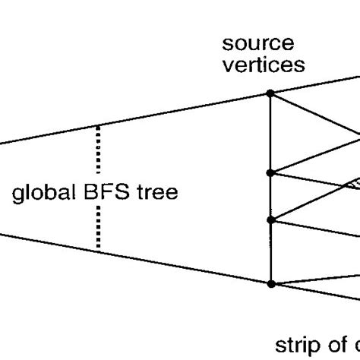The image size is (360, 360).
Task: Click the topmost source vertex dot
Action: click(x=271, y=93)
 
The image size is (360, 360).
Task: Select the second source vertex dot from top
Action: click(x=271, y=172)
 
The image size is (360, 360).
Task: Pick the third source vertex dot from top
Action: click(x=271, y=220)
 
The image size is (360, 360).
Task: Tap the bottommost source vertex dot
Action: click(x=271, y=283)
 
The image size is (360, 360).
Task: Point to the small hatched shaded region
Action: click(x=352, y=182)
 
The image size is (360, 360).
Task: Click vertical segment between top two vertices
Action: click(x=271, y=133)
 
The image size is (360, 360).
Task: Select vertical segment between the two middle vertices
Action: click(x=271, y=196)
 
